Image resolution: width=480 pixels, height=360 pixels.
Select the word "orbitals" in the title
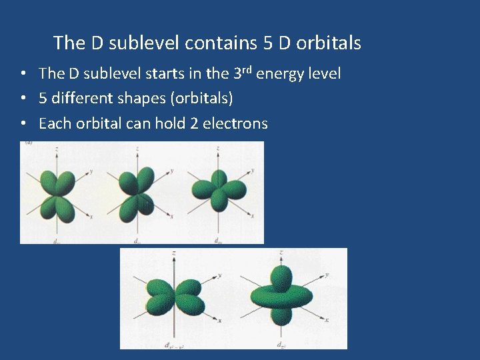pyautogui.click(x=329, y=43)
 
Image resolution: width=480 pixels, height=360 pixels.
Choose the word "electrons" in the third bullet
pyautogui.click(x=237, y=123)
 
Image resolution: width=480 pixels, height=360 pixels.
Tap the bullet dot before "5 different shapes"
pyautogui.click(x=23, y=99)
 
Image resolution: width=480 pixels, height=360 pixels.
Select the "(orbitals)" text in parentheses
pyautogui.click(x=202, y=99)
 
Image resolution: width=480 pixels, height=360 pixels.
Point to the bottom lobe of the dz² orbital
pyautogui.click(x=282, y=319)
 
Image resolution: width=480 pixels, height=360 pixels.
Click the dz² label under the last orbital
pyautogui.click(x=282, y=344)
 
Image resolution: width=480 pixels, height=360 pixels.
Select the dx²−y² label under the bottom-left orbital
pyautogui.click(x=175, y=344)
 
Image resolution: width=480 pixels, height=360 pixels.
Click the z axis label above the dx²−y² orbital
pyautogui.click(x=174, y=254)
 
